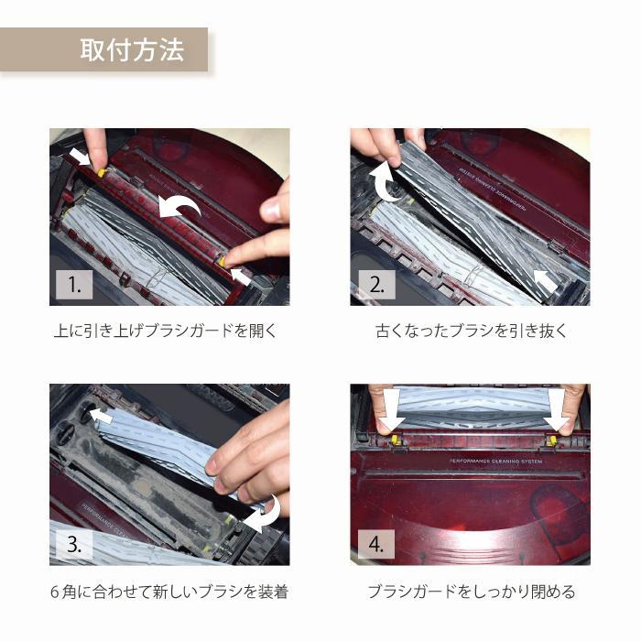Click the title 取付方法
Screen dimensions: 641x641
132,49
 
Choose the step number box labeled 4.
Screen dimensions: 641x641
376,544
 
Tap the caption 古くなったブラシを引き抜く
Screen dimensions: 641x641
472,331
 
